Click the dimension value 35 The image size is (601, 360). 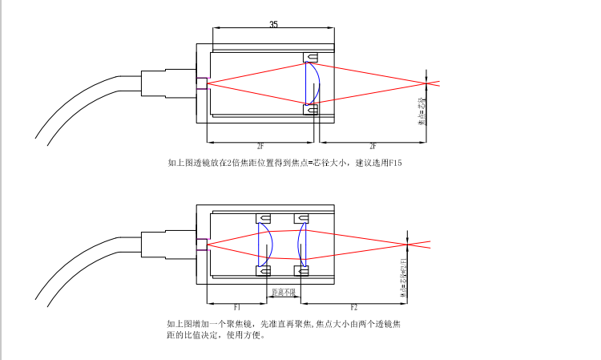(x=273, y=25)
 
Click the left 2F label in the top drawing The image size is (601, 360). (x=261, y=147)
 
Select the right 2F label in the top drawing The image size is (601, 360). (x=373, y=147)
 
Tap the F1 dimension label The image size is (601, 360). (x=237, y=307)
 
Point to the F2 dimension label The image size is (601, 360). (x=354, y=307)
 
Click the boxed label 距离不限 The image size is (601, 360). (x=284, y=292)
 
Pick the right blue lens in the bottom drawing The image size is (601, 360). (x=301, y=242)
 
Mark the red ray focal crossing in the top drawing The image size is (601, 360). (x=428, y=82)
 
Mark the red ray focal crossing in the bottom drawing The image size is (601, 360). (x=408, y=241)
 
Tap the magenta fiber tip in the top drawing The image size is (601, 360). (x=204, y=82)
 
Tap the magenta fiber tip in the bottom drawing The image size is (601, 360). (x=204, y=244)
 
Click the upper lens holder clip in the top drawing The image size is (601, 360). (x=311, y=57)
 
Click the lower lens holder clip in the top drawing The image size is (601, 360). (x=311, y=108)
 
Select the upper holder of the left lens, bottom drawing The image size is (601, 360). (x=263, y=218)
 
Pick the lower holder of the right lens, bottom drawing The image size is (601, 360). (x=302, y=270)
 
